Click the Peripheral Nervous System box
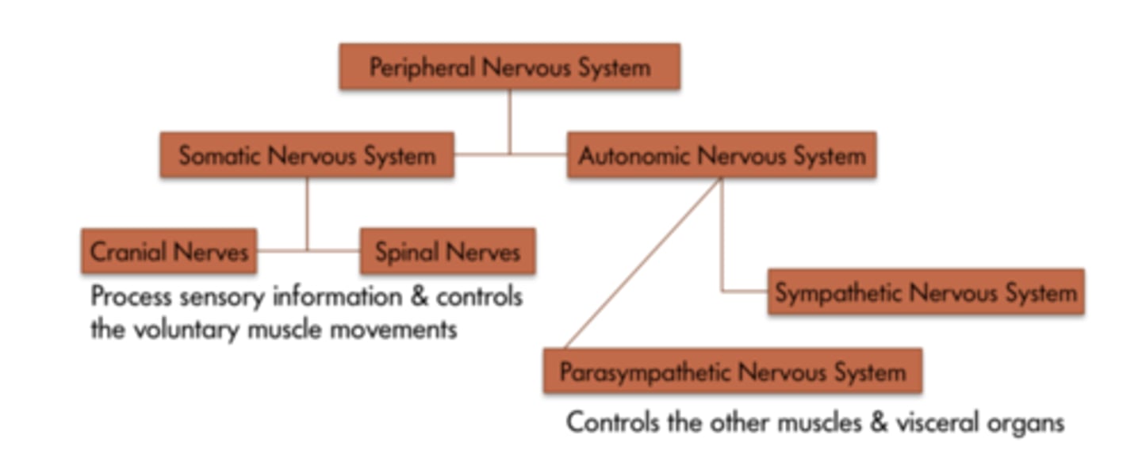509,67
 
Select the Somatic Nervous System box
307,154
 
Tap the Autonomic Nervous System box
721,154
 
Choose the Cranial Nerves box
169,251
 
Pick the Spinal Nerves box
447,251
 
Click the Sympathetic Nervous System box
925,292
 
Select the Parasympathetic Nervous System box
732,371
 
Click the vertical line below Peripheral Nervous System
509,119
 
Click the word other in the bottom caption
711,421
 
